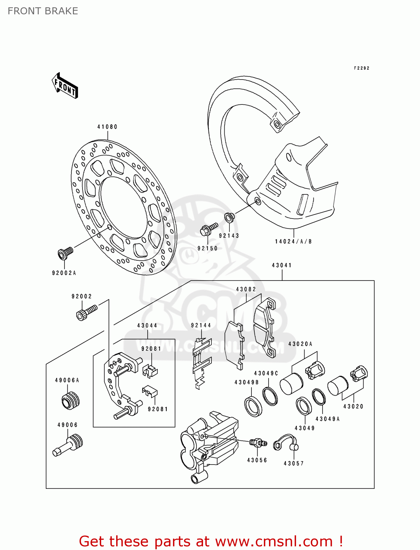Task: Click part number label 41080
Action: point(107,127)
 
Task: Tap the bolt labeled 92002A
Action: point(65,253)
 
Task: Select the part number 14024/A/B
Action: point(293,241)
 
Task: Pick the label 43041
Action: point(281,265)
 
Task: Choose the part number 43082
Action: point(246,289)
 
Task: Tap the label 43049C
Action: point(266,373)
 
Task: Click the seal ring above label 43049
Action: point(303,406)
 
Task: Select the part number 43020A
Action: point(300,344)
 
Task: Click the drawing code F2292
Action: point(361,68)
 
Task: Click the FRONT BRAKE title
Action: point(43,11)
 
